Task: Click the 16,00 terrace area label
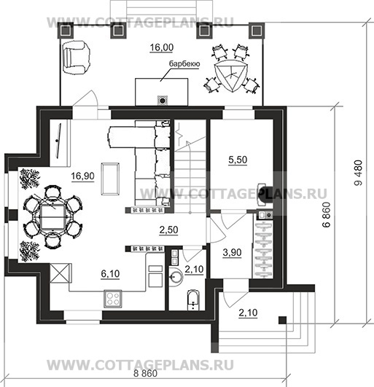click(162, 47)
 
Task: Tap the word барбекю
click(184, 63)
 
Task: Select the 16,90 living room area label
click(82, 176)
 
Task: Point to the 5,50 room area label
click(238, 160)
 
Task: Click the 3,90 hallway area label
click(232, 252)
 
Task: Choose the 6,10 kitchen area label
click(110, 274)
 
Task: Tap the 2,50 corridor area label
click(168, 230)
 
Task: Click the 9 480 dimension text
click(359, 173)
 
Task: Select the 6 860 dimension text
click(327, 215)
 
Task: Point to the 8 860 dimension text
click(145, 373)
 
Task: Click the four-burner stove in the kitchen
click(113, 299)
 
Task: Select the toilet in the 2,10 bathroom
click(193, 300)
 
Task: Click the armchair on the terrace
click(77, 58)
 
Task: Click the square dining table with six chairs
click(52, 217)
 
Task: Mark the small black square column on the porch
click(283, 320)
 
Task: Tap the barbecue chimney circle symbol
click(163, 101)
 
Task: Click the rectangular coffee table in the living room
click(110, 179)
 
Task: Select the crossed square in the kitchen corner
click(59, 273)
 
